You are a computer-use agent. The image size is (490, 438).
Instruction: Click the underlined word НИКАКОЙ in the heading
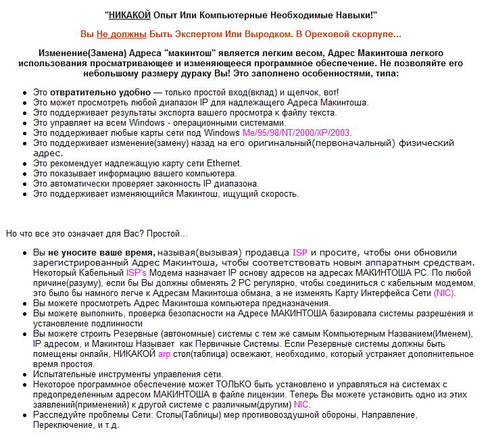pos(129,14)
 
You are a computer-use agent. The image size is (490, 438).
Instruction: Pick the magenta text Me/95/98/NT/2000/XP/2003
pos(287,132)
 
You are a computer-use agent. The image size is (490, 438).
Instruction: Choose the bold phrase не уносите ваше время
pos(101,251)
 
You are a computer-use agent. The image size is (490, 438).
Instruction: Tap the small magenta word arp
pos(164,354)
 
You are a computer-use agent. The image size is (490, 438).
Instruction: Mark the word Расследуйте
pos(61,414)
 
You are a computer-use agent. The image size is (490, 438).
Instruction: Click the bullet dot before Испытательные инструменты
pos(24,374)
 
